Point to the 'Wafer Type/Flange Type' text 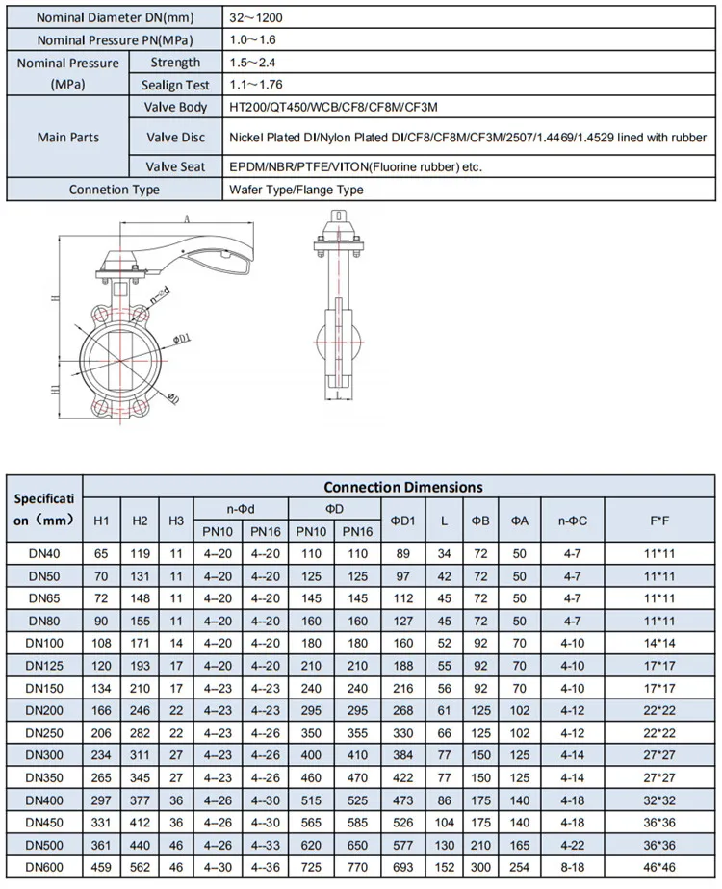[296, 190]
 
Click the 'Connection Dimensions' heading [402, 487]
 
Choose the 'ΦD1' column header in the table [402, 520]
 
